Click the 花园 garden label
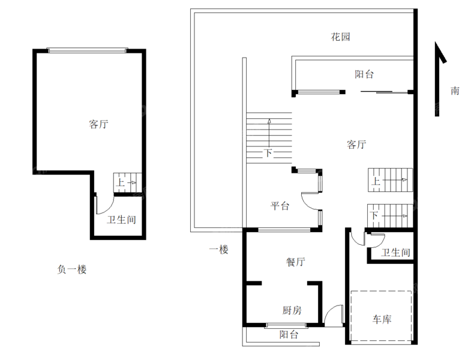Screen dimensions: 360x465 point(340,37)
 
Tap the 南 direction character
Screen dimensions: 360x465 point(455,91)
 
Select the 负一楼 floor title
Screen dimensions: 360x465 point(72,269)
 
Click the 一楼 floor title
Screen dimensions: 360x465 point(219,249)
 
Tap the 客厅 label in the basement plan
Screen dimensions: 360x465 point(98,124)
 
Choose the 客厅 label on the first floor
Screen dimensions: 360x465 point(356,144)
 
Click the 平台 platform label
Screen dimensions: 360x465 point(280,206)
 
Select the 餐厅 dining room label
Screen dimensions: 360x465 point(296,262)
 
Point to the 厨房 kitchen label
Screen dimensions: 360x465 point(292,310)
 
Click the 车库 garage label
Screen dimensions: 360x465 point(382,319)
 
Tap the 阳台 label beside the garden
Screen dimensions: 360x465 point(364,74)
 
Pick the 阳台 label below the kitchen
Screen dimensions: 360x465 point(289,335)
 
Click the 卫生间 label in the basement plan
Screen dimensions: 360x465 point(122,220)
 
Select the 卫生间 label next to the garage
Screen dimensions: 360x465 point(396,253)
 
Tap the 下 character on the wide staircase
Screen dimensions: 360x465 point(268,153)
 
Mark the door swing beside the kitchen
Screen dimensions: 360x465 point(334,316)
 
